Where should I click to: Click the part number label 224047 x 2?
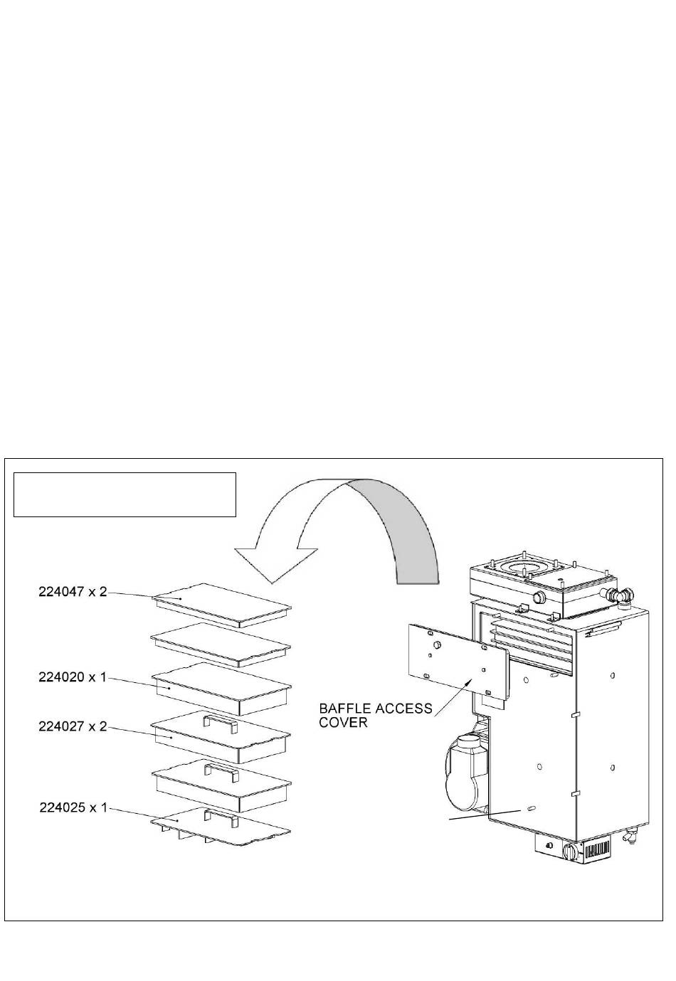click(72, 592)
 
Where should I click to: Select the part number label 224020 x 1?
click(72, 677)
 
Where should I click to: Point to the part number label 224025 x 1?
click(72, 808)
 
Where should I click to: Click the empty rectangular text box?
click(125, 494)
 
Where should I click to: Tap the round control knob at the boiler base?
click(569, 851)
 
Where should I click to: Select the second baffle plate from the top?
click(222, 643)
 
